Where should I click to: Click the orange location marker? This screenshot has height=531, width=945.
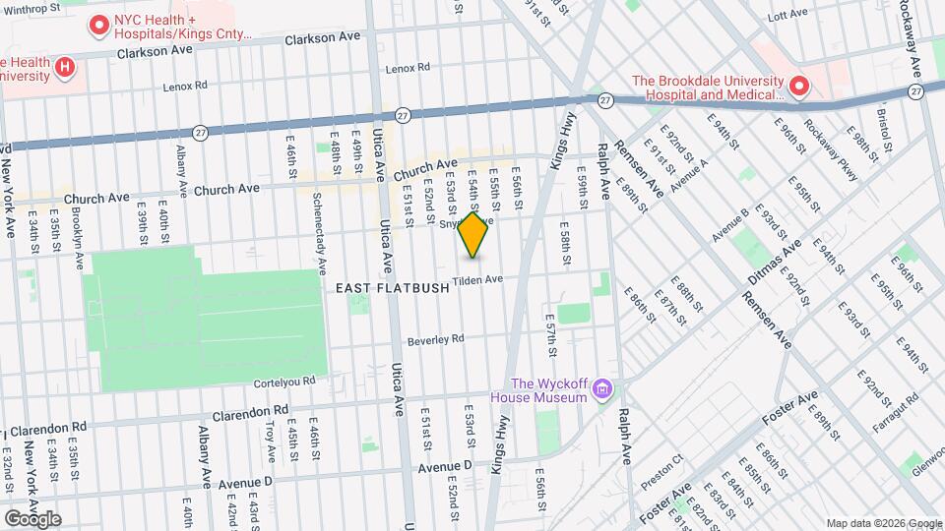click(x=473, y=235)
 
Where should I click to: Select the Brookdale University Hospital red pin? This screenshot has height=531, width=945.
click(x=797, y=88)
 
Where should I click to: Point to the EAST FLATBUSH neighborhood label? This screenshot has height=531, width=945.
click(x=392, y=288)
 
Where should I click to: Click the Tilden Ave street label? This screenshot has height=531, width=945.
click(x=478, y=280)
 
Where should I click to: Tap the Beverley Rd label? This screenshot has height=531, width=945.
click(x=435, y=338)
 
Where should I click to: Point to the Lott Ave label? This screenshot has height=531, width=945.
click(x=787, y=15)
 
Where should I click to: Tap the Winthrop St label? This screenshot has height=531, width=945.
click(x=31, y=9)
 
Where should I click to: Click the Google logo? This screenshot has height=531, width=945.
click(x=31, y=518)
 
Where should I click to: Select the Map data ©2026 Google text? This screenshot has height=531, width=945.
click(x=883, y=523)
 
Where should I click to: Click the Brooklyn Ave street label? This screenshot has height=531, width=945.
click(x=78, y=247)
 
